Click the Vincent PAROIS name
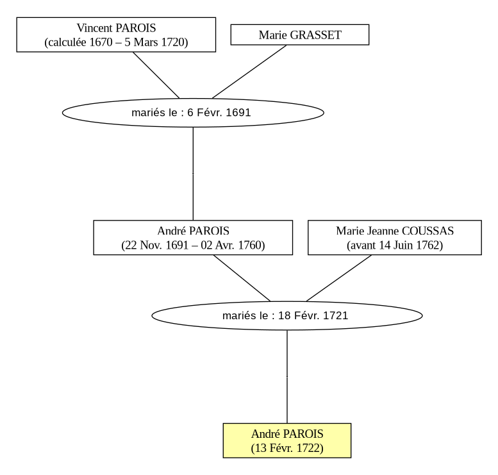coord(116,28)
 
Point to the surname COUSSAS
coord(427,231)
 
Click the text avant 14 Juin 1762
coord(395,246)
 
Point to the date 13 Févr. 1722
coord(287,448)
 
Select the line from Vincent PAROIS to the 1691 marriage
coord(156,75)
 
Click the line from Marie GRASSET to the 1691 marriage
coord(249,72)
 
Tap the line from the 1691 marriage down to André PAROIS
coord(193,174)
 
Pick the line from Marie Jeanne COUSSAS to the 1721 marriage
coord(339,278)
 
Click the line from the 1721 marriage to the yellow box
coord(287,376)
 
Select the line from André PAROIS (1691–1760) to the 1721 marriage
coord(242,278)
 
